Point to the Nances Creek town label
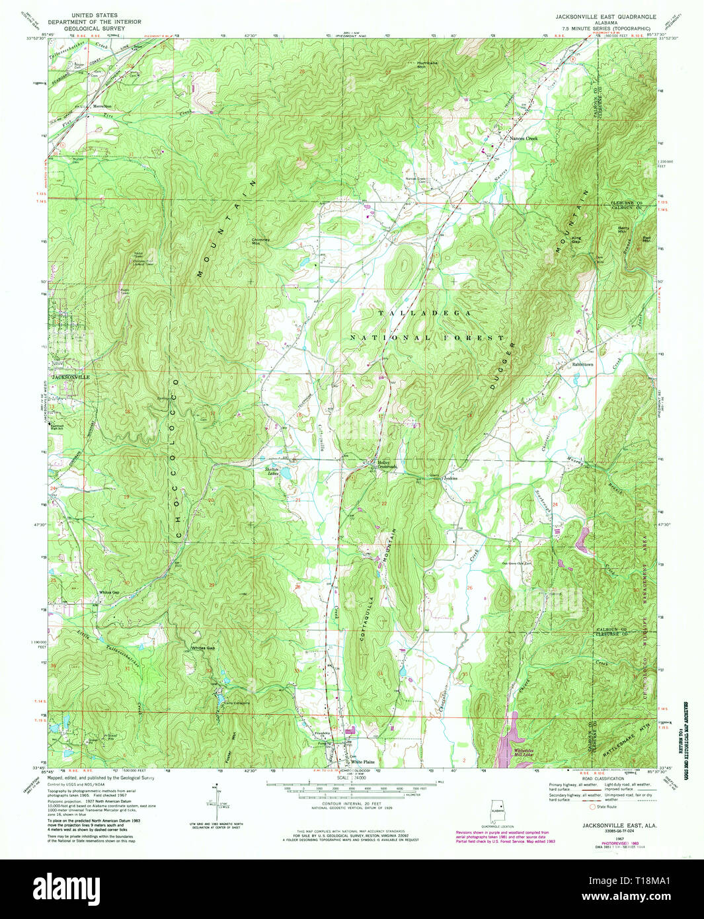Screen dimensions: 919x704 524,139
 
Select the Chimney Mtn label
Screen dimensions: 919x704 260,241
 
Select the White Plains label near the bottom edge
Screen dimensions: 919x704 362,762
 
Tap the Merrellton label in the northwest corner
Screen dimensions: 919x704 102,106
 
